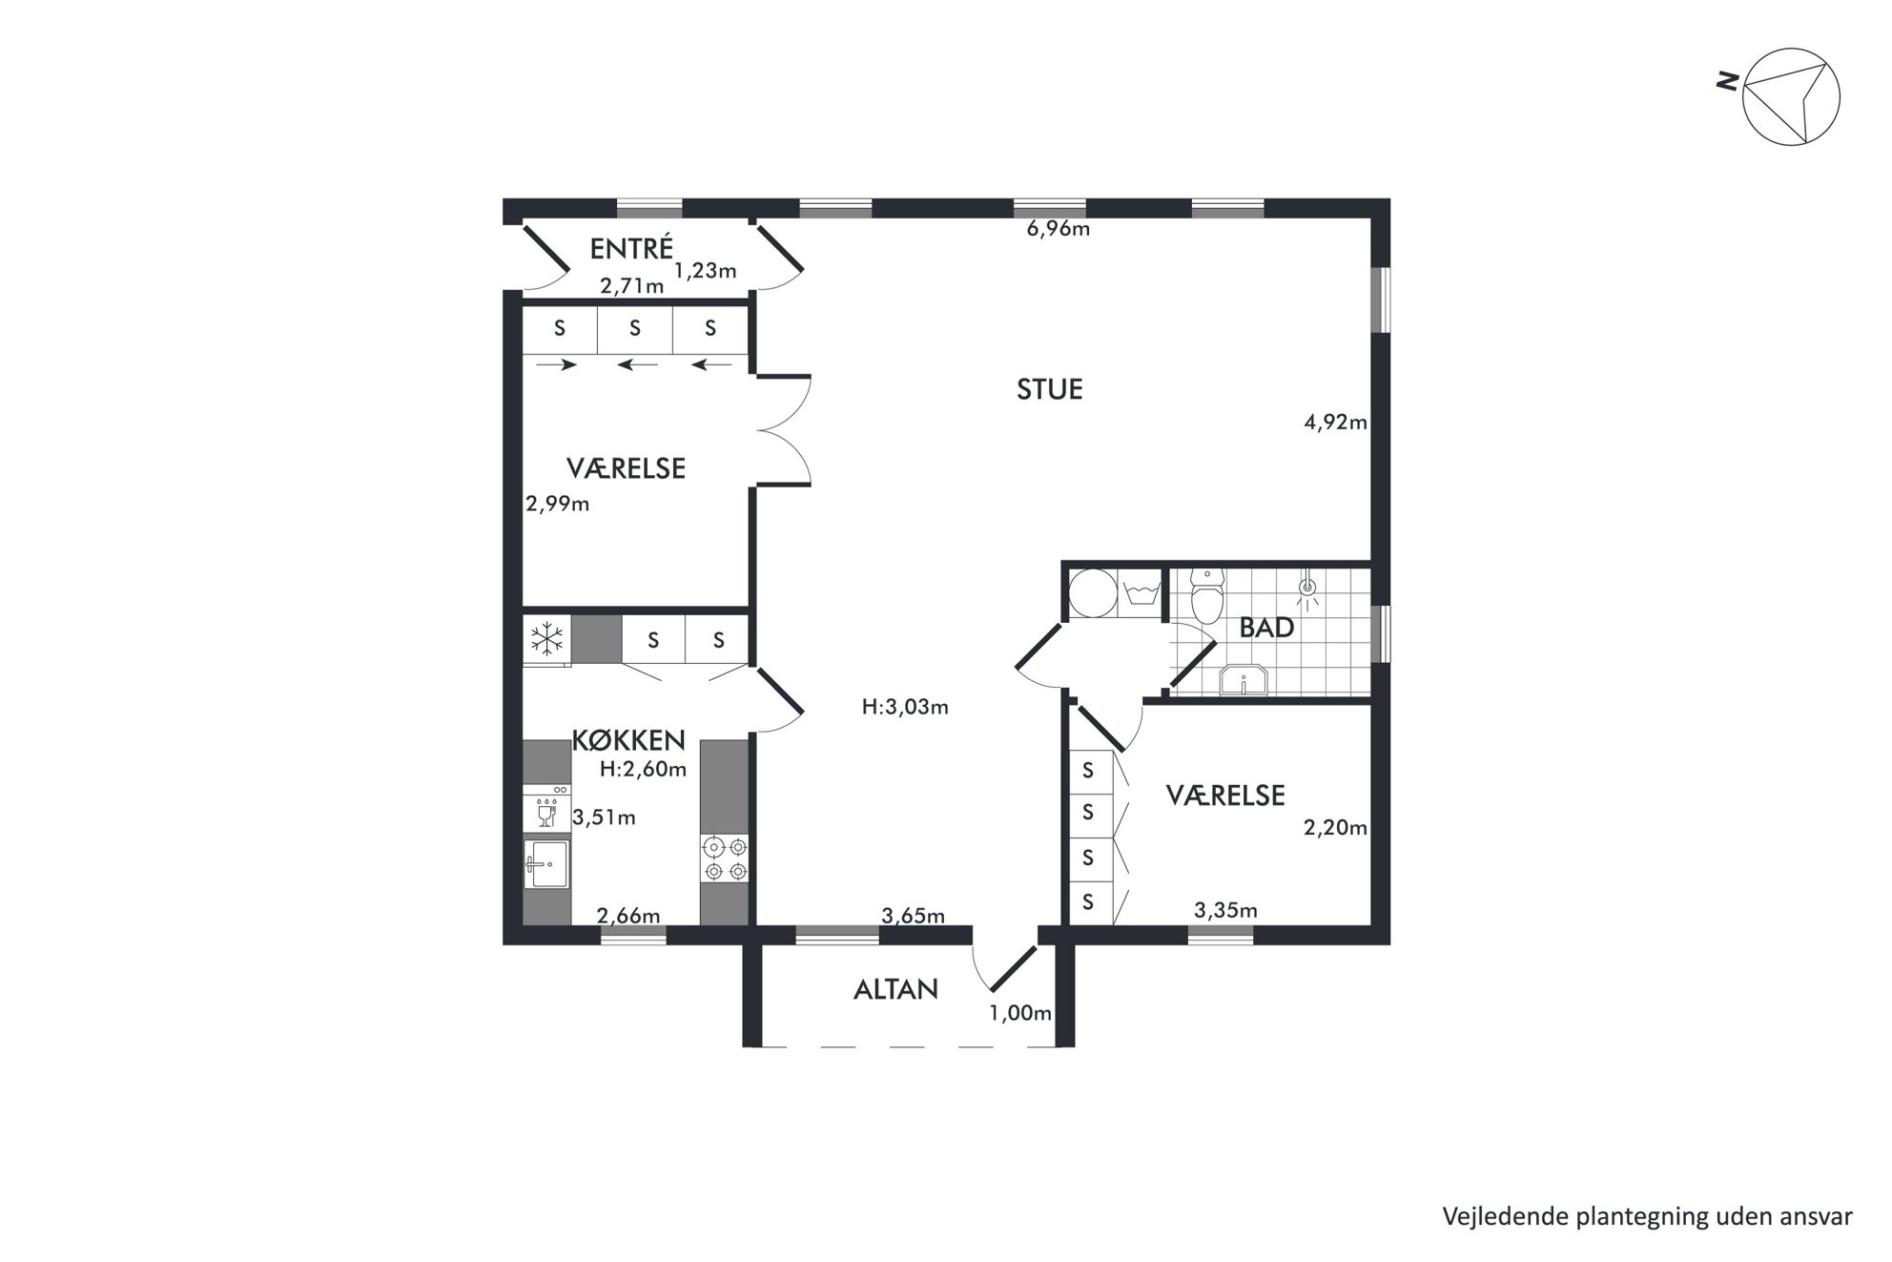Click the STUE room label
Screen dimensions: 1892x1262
pyautogui.click(x=1049, y=390)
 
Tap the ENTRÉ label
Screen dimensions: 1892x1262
pyautogui.click(x=631, y=248)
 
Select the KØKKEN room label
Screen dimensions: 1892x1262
pyautogui.click(x=628, y=740)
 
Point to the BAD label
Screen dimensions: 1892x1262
pyautogui.click(x=1266, y=628)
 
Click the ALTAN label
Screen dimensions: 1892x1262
pyautogui.click(x=895, y=990)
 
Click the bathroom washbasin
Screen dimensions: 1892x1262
pyautogui.click(x=1244, y=680)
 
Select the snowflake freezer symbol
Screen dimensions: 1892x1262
pyautogui.click(x=546, y=639)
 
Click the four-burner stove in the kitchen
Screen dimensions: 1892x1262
pyautogui.click(x=725, y=858)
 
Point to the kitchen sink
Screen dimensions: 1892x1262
pyautogui.click(x=546, y=863)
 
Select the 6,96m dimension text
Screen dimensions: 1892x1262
pyautogui.click(x=1058, y=229)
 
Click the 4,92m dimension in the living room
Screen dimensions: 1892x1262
pyautogui.click(x=1335, y=422)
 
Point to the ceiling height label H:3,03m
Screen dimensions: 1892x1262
pyautogui.click(x=905, y=708)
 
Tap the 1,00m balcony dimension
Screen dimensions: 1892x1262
pyautogui.click(x=1020, y=1013)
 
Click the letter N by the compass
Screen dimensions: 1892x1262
pyautogui.click(x=1726, y=83)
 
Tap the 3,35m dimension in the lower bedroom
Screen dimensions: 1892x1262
pyautogui.click(x=1225, y=911)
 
